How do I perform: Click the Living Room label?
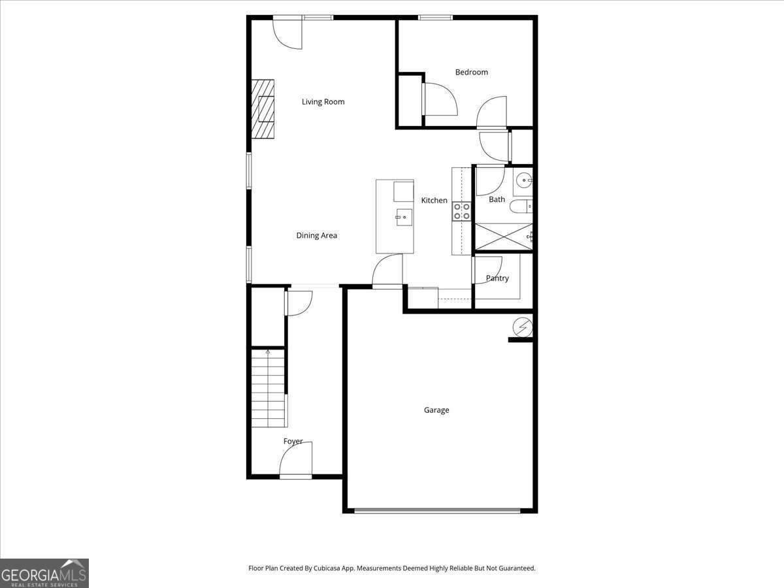(323, 102)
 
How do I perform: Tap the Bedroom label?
(471, 72)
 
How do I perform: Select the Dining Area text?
(316, 235)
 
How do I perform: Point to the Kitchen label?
(434, 201)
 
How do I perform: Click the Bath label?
(497, 199)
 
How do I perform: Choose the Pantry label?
(497, 278)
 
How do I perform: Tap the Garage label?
(436, 410)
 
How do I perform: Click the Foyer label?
(293, 442)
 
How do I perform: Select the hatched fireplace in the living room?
(263, 109)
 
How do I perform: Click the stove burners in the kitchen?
(462, 210)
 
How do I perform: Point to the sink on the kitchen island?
(403, 216)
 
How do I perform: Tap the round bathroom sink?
(524, 179)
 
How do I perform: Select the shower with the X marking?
(502, 237)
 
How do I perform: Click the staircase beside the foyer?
(269, 389)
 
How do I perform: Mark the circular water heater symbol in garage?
(523, 326)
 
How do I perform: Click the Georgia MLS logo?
(44, 573)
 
